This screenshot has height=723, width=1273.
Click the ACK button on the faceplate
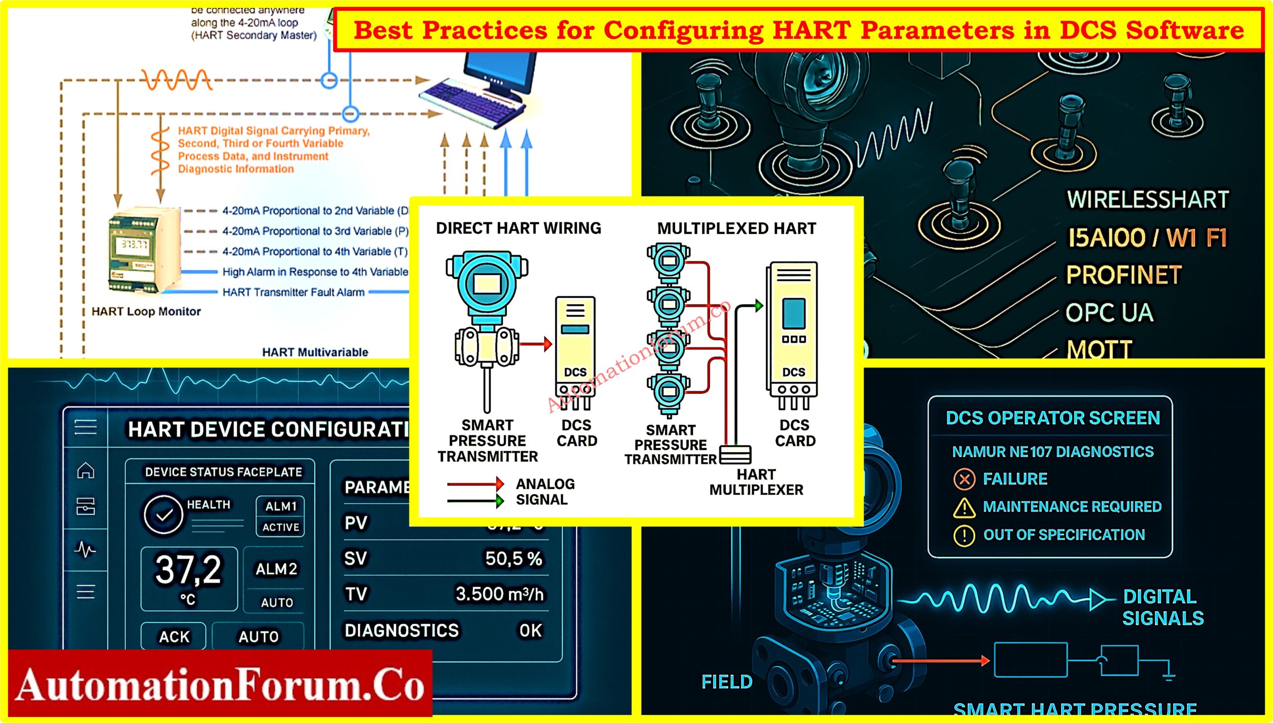point(174,636)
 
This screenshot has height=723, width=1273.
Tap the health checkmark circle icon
point(163,515)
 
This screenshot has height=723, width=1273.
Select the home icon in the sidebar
point(86,470)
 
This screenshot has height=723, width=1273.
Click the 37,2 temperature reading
point(188,570)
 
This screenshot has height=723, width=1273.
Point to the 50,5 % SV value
point(513,558)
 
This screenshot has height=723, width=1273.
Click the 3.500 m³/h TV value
point(499,594)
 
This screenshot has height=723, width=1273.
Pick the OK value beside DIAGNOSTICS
point(530,631)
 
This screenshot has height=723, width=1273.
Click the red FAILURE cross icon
point(964,479)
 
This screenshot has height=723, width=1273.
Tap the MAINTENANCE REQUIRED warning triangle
point(964,508)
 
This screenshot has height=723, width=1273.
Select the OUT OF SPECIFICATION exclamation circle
point(964,536)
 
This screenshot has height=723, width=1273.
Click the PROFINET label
point(1123,275)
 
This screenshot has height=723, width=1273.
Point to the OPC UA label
point(1109,313)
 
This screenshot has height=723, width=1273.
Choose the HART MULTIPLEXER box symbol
point(735,454)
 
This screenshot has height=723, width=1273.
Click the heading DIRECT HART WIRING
point(518,228)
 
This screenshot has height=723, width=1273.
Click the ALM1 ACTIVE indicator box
point(280,516)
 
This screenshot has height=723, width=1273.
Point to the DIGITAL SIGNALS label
point(1163,607)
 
